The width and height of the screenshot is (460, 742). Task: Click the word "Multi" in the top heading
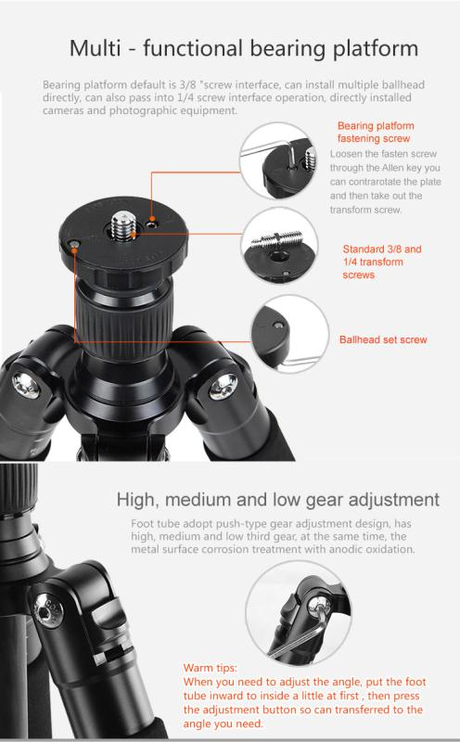(95, 48)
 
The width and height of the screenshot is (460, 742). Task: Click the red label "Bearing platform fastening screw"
(376, 132)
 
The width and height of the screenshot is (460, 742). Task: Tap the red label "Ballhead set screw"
(383, 339)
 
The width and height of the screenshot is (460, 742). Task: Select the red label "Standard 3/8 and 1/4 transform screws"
(382, 262)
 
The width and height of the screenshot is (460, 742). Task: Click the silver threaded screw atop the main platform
(123, 226)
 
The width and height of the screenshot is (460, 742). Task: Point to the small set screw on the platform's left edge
(74, 244)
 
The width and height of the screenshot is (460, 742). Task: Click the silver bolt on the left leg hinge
(25, 384)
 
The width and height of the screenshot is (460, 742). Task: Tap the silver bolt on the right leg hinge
(223, 386)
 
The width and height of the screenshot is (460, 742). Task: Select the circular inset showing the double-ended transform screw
(280, 246)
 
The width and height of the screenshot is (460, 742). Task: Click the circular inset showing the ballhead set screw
(289, 333)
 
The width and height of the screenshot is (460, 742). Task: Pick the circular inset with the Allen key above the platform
(278, 160)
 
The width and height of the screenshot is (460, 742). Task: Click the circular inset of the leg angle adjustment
(298, 613)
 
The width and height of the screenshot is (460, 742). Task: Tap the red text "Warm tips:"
(211, 668)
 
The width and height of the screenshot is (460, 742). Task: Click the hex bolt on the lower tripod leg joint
(48, 610)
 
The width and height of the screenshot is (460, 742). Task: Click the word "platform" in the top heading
(376, 49)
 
